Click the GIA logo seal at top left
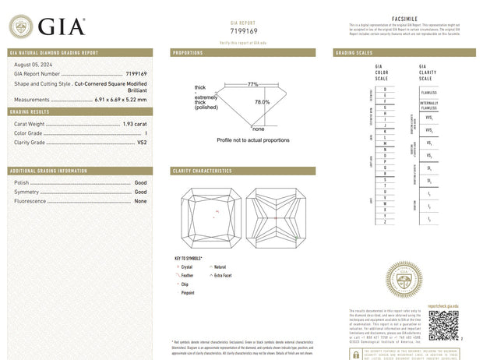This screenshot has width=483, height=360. pyautogui.click(x=20, y=27)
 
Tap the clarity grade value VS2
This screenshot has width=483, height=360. pyautogui.click(x=142, y=143)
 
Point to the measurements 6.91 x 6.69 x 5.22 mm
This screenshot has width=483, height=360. pyautogui.click(x=121, y=100)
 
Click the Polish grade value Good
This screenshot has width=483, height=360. pyautogui.click(x=141, y=182)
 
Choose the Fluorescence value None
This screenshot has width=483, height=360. pyautogui.click(x=141, y=201)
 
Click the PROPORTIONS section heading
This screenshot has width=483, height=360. pyautogui.click(x=188, y=52)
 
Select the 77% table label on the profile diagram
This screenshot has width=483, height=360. pyautogui.click(x=253, y=83)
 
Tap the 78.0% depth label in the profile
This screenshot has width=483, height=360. pyautogui.click(x=263, y=102)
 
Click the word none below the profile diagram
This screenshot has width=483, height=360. pyautogui.click(x=259, y=129)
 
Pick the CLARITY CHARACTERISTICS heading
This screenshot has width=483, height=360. pyautogui.click(x=202, y=171)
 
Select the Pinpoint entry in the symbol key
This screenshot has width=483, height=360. pyautogui.click(x=188, y=294)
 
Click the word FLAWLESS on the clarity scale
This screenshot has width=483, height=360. pyautogui.click(x=428, y=92)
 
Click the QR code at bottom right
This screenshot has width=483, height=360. pyautogui.click(x=444, y=325)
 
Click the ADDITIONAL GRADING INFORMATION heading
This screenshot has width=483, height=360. pyautogui.click(x=48, y=171)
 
